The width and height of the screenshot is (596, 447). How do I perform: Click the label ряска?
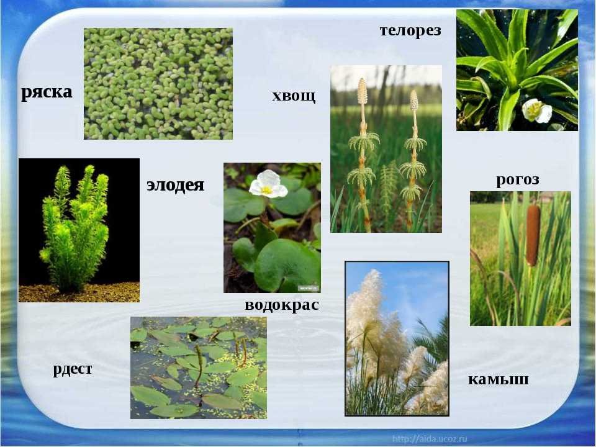coord(47,93)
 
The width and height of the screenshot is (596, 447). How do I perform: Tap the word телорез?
coord(410,30)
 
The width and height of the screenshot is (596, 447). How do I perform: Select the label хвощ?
coord(294,96)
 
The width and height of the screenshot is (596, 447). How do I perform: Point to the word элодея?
coord(175,185)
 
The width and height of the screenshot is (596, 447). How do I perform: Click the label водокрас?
coord(282,305)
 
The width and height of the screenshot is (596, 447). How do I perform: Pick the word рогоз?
coord(518,179)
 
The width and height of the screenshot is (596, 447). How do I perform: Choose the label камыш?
coord(498,379)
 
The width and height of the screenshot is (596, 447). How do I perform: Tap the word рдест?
coord(72,369)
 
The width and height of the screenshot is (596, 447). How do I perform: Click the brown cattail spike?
coord(533,236)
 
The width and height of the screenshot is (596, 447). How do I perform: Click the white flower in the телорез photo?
coord(536,111)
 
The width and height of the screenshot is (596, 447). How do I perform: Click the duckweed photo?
coord(158,84)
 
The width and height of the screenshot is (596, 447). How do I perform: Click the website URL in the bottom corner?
coord(430,439)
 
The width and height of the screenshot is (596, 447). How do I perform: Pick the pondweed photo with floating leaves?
coord(199,368)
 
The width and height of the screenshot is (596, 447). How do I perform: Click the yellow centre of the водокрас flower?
coord(267,190)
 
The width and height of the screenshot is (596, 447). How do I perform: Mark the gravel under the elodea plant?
coord(79,292)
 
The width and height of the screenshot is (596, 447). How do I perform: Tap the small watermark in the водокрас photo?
coord(309,288)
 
